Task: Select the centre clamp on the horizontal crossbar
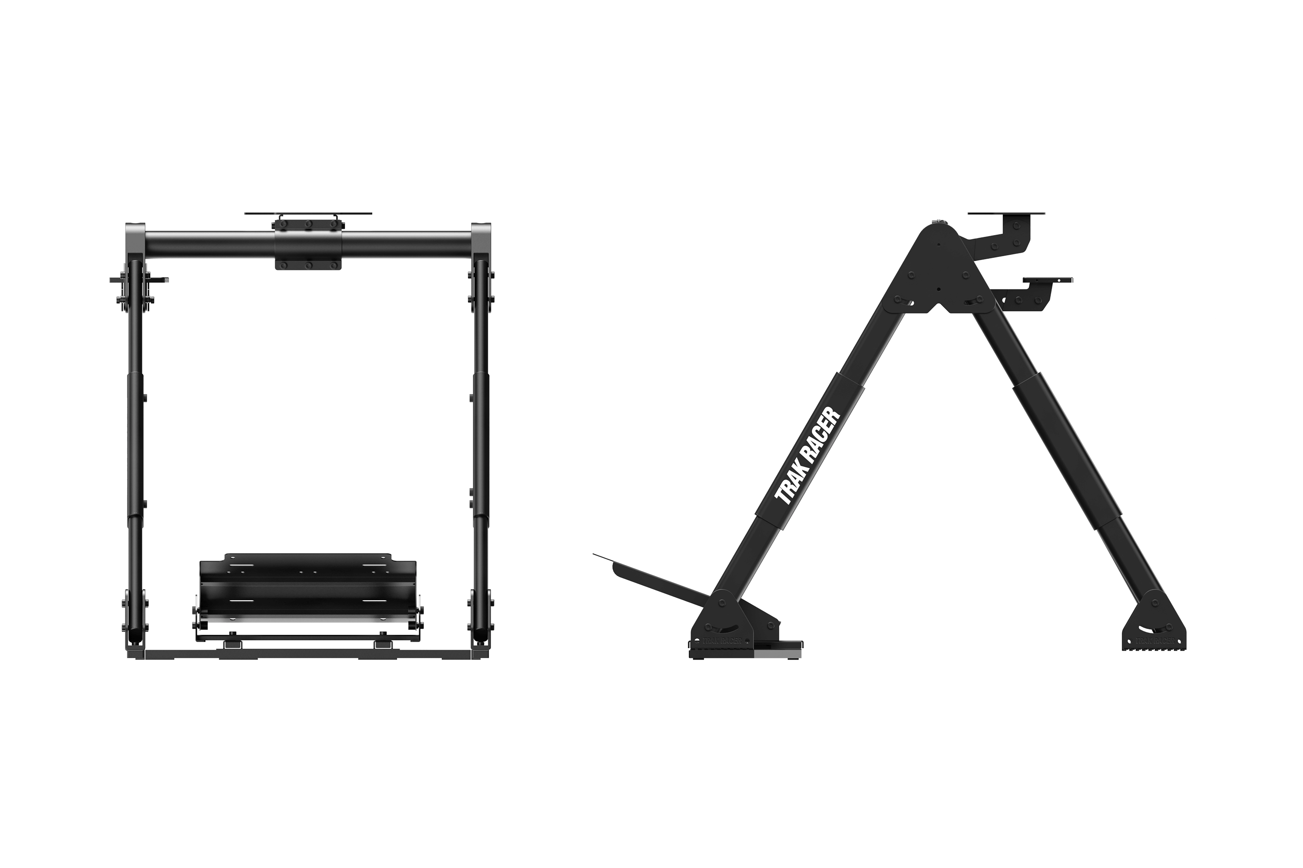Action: (x=308, y=245)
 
